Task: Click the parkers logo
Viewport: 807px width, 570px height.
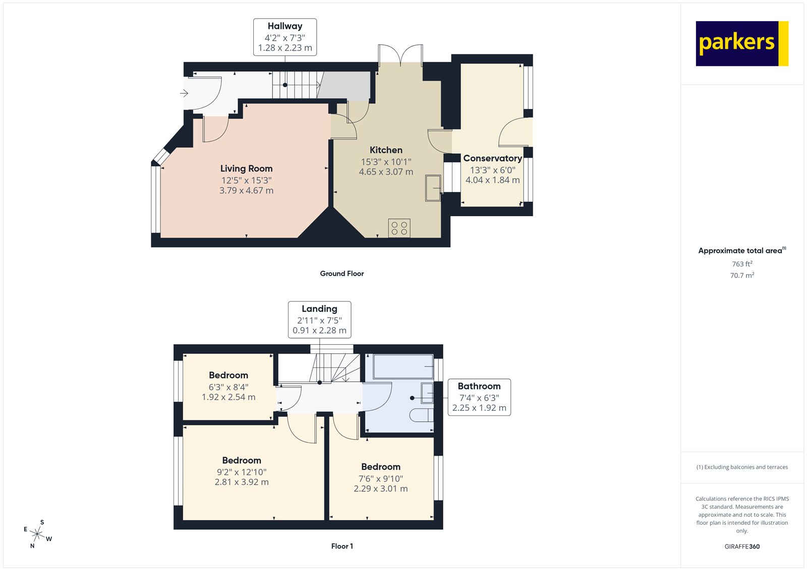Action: tap(741, 43)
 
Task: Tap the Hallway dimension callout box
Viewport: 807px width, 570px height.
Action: tap(285, 37)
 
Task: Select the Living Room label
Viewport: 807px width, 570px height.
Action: tap(246, 168)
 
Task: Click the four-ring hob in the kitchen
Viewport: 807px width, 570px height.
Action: tap(399, 228)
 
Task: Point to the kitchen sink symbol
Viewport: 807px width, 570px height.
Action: tap(433, 187)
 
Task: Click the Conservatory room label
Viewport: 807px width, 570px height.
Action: tap(492, 158)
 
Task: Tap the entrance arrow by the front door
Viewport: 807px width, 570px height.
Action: tap(184, 93)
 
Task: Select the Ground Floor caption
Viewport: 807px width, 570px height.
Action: tap(341, 274)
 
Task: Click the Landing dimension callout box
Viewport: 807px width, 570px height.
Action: tap(319, 320)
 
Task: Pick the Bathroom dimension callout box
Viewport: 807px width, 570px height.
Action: tap(479, 397)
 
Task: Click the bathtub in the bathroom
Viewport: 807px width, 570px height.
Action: tap(402, 366)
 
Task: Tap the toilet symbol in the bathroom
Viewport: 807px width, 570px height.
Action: tap(422, 415)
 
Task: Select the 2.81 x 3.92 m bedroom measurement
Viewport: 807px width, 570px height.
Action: tap(242, 482)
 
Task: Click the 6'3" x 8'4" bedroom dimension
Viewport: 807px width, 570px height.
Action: tap(228, 387)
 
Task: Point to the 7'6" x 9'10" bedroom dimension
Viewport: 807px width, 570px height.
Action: tap(380, 478)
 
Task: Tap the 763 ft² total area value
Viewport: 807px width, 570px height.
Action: tap(742, 264)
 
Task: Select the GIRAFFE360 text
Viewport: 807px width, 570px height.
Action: tap(742, 546)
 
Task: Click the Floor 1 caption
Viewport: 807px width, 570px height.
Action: tap(342, 546)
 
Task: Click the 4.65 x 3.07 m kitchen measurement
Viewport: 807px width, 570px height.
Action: tap(386, 172)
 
